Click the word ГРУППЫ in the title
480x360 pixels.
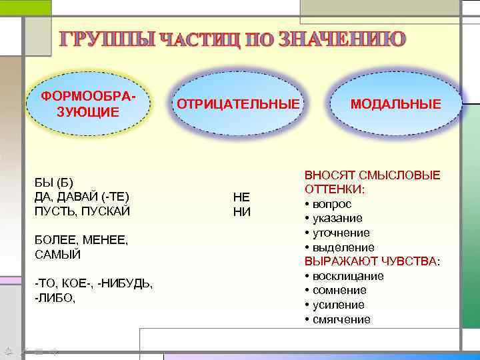(108, 39)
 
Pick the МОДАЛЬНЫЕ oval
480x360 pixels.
(395, 105)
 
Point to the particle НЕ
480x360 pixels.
(241, 198)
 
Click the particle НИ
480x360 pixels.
(241, 213)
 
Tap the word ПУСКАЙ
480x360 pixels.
(107, 211)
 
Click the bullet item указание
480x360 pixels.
(337, 219)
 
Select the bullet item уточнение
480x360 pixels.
(341, 233)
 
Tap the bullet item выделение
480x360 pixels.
(341, 248)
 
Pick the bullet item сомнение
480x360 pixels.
(339, 291)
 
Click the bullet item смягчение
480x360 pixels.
(341, 320)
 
